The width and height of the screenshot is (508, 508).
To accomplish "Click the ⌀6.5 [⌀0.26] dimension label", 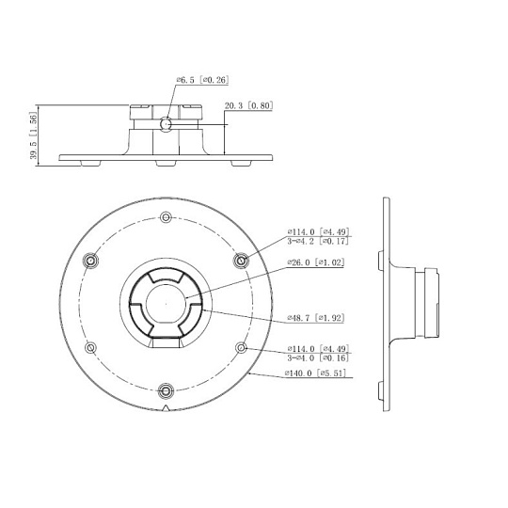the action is coord(202,80).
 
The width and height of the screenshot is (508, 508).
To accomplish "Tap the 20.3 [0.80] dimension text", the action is coord(248,105).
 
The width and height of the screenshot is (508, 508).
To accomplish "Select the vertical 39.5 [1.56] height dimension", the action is coord(33,135).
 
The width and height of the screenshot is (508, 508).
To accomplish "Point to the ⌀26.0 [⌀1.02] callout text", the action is coord(315,262).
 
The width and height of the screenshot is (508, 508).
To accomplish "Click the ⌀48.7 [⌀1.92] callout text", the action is coord(315,318).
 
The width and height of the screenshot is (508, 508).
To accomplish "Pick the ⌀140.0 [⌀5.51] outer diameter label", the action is coord(315,373).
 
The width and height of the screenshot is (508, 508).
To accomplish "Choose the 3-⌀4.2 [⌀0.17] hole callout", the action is coord(318,241).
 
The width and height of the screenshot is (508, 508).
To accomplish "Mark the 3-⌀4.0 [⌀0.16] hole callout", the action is coord(318,358).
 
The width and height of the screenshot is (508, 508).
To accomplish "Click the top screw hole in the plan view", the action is coord(167,216).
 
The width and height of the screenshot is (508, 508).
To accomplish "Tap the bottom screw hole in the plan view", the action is coord(166,390).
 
